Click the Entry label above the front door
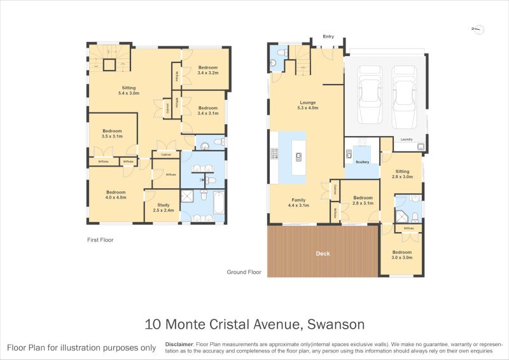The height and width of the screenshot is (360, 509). point(328,37)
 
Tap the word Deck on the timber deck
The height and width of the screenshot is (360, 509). point(323,254)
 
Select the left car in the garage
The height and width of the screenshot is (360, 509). point(369,96)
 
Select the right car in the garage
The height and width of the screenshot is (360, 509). point(404,96)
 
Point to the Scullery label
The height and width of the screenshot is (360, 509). point(363,162)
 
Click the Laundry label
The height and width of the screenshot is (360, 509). point(407,139)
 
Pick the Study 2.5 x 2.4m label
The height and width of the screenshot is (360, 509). point(164,207)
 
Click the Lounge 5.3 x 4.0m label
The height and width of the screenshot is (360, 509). point(309,105)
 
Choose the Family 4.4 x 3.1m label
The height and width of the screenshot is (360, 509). point(298,202)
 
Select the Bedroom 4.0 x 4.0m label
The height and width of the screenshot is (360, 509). point(116,195)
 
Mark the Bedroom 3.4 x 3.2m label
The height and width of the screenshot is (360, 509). point(208,70)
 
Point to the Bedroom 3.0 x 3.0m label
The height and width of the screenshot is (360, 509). point(402,254)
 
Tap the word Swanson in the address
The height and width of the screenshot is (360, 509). point(336,324)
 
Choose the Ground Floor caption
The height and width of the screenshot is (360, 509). point(244,272)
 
